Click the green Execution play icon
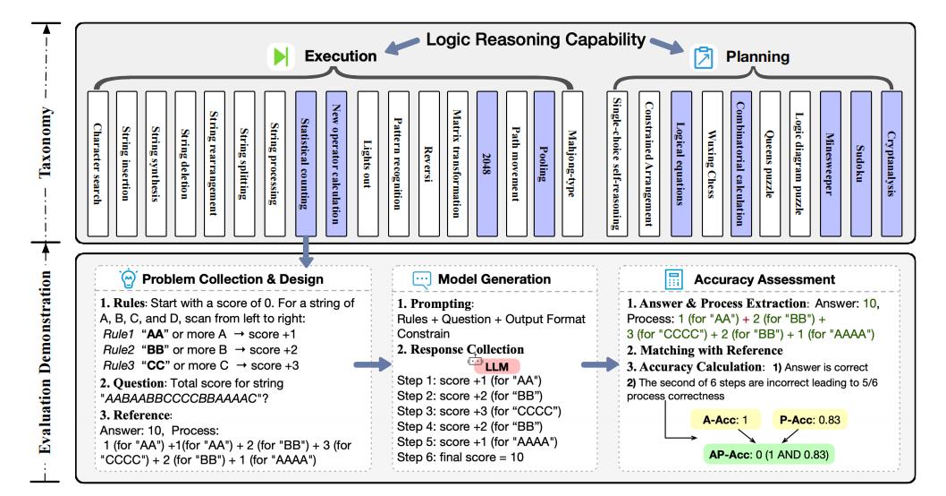[x=281, y=56]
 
